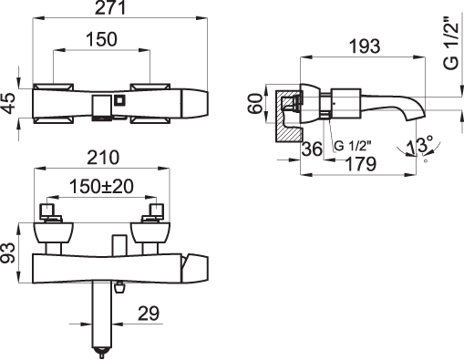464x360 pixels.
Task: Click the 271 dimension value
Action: pos(110,8)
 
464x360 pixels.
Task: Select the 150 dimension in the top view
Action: pos(101,39)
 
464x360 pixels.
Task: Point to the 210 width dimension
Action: pos(103,158)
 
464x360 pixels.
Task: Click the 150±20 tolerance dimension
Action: pos(101,186)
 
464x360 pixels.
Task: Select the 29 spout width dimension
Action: pos(149,314)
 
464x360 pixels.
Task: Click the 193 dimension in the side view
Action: pos(365,46)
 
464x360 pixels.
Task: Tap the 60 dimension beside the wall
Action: pos(255,103)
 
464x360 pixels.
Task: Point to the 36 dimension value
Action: pos(312,149)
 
